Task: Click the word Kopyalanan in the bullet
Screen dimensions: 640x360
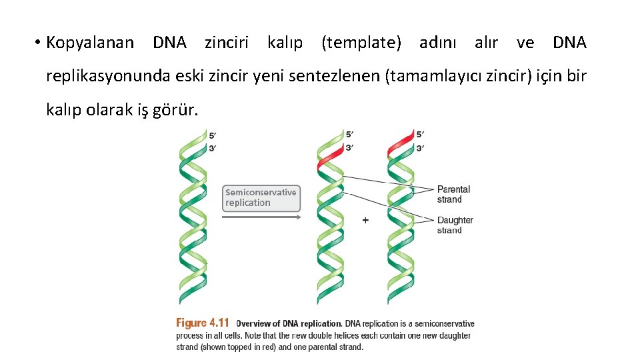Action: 89,43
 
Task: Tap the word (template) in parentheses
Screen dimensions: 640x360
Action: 361,43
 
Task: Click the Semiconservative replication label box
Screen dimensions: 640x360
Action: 261,198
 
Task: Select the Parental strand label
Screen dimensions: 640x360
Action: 453,194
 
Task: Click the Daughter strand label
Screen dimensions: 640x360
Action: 455,225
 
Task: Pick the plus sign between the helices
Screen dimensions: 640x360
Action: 365,219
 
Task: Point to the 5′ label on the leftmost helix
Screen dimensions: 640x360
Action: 212,135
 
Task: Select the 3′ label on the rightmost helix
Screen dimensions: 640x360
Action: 420,148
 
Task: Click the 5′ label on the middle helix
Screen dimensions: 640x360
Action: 349,134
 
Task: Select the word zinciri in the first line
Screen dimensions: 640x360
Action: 226,43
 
